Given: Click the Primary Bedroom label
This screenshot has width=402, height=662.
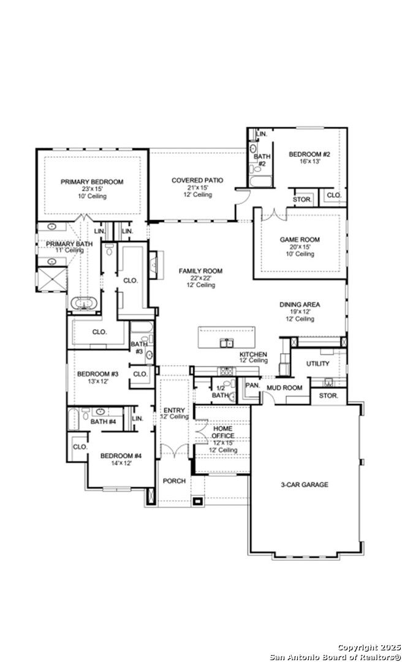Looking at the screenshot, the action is tap(92, 182).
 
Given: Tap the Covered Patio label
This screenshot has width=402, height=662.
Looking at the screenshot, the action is tap(197, 180).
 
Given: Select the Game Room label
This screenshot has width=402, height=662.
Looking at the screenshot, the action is tap(300, 240).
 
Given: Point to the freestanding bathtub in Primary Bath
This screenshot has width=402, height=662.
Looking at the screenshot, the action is tap(83, 303).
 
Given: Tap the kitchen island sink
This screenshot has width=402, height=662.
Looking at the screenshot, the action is tap(227, 343).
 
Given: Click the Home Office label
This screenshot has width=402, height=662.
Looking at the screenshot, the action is tap(223, 432).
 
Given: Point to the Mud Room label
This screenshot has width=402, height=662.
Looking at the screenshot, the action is tap(284, 387).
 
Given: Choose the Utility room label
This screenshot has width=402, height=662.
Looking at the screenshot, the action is tap(318, 363).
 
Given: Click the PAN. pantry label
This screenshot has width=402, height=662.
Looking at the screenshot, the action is tap(252, 386).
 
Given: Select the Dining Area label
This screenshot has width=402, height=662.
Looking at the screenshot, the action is tap(300, 305).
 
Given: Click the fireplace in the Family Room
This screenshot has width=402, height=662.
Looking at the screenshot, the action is tap(153, 265).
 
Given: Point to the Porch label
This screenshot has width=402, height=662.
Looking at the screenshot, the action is tap(175, 481).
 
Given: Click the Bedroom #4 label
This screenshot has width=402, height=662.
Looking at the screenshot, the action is tap(121, 456).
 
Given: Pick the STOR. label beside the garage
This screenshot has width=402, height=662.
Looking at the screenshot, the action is tap(328, 396).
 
